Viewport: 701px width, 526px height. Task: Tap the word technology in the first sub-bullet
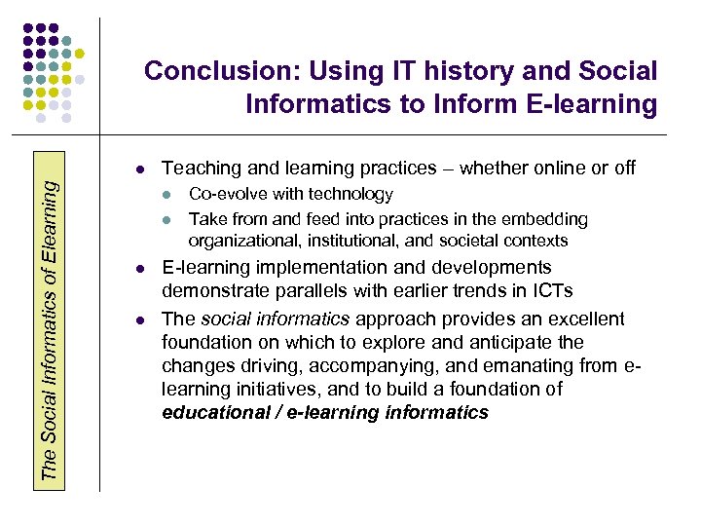350,194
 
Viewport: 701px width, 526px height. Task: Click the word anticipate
526,342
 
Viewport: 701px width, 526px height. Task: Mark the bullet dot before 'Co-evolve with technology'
167,195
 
